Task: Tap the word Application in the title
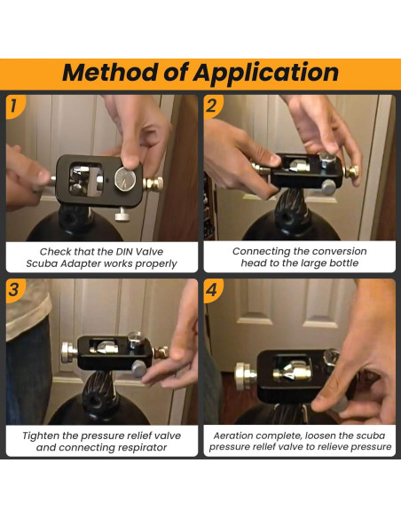coord(266,74)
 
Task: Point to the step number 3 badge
coord(14,290)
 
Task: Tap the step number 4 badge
coord(212,290)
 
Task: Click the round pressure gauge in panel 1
coord(125,178)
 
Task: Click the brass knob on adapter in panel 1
coord(153,183)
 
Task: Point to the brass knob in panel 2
coord(352,171)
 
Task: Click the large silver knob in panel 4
coord(244,376)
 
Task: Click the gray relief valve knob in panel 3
coord(139,369)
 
